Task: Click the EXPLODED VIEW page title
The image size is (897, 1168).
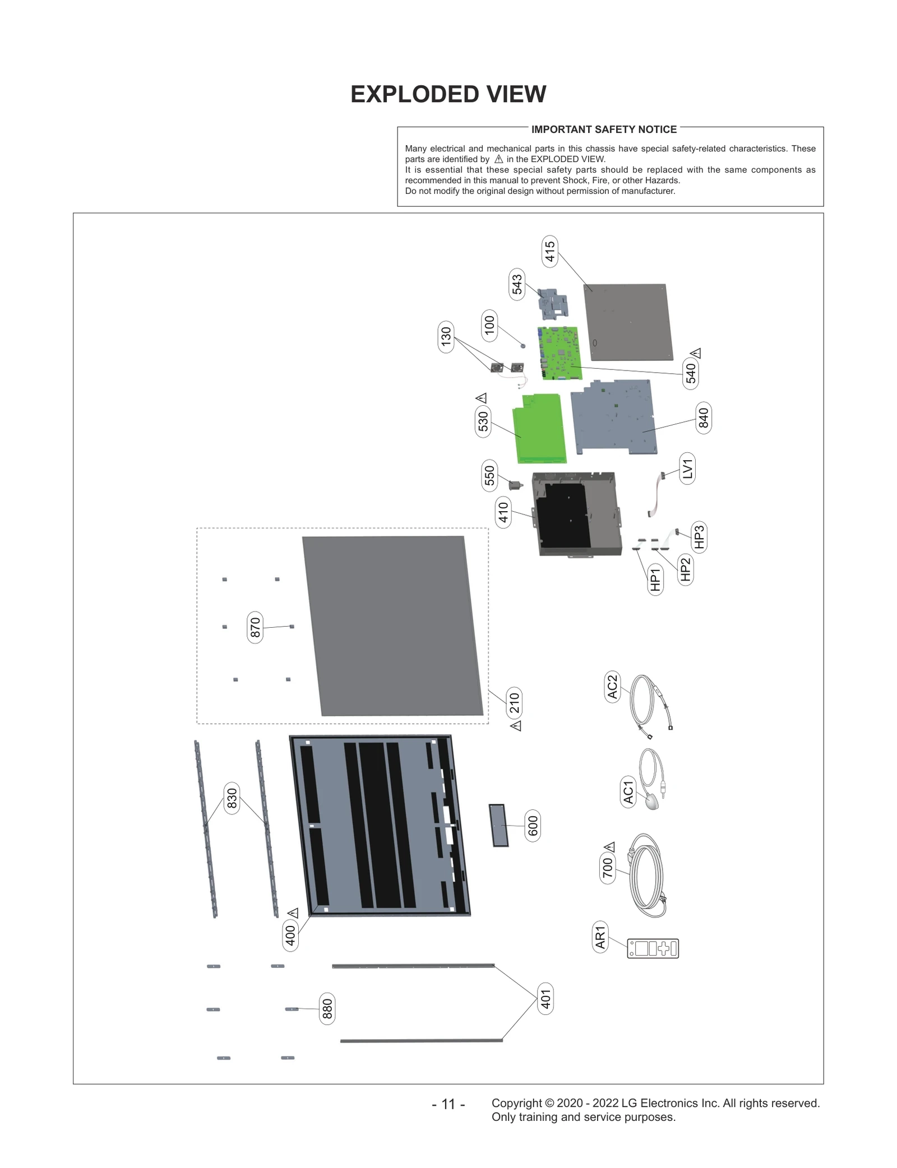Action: point(448,94)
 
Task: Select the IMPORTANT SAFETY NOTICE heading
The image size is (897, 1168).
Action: point(604,129)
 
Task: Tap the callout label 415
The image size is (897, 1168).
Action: point(549,251)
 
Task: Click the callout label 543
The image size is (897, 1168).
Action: point(516,284)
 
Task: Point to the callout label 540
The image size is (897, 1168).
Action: point(691,373)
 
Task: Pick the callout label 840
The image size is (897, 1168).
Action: point(703,418)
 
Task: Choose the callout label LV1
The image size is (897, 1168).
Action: point(687,468)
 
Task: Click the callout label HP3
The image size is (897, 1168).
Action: point(699,537)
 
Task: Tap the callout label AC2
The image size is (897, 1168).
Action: point(612,687)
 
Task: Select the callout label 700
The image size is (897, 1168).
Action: point(608,868)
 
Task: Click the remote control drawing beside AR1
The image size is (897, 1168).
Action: point(653,948)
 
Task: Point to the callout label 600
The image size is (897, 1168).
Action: point(533,826)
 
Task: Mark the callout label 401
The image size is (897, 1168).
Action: point(545,998)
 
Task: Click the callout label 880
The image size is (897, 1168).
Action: point(327,1009)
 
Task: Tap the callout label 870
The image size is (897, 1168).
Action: point(255,627)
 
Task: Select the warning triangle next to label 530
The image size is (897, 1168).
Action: point(482,398)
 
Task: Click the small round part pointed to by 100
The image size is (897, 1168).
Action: point(523,346)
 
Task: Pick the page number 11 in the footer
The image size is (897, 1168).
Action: point(448,1104)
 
